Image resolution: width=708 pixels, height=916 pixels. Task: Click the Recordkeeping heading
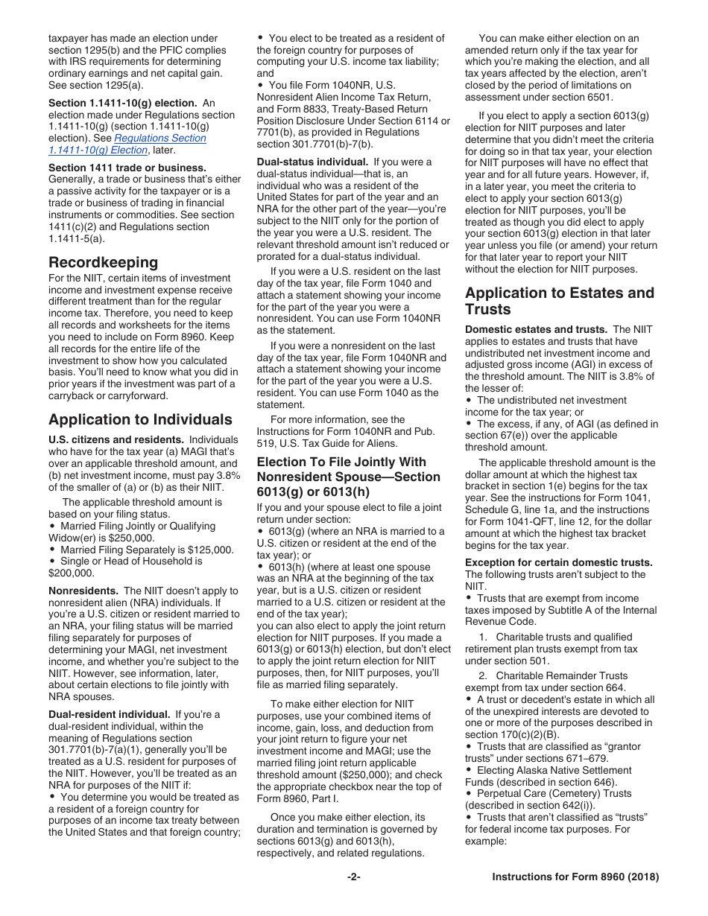(103, 262)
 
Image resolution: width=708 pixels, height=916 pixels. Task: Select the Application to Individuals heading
(140, 419)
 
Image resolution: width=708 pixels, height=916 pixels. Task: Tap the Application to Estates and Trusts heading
(559, 301)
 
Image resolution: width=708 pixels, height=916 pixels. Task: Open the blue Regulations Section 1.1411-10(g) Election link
(127, 144)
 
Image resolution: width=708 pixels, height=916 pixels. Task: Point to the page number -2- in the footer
(353, 877)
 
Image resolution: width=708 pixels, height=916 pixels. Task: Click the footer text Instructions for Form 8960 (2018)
(575, 877)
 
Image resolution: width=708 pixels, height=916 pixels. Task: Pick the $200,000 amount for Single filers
(72, 573)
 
